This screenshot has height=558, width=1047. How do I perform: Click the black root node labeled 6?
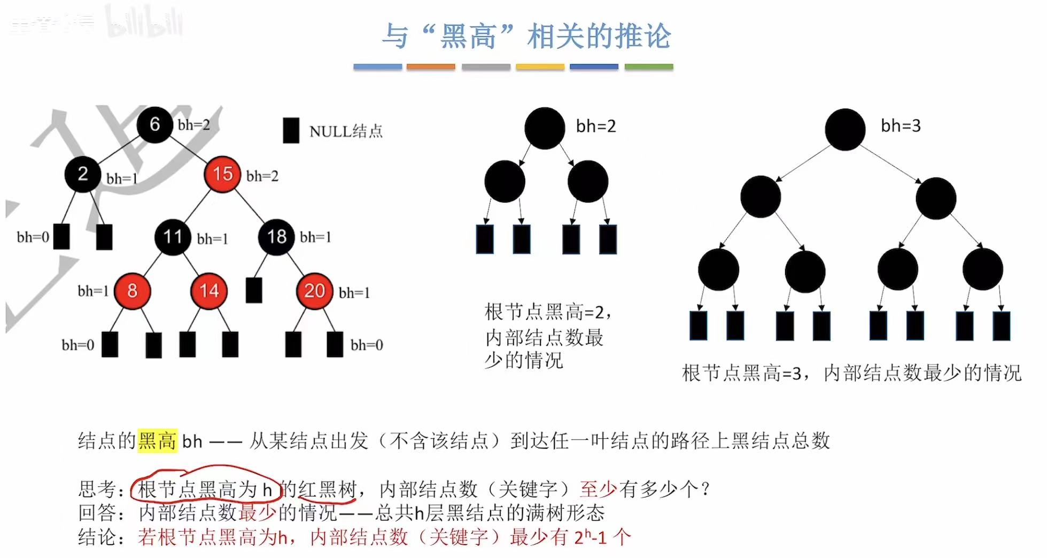(x=154, y=125)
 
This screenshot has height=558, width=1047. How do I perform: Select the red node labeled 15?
(x=222, y=174)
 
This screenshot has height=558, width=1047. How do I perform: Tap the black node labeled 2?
(x=83, y=174)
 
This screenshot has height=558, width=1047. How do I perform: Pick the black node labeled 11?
(x=173, y=237)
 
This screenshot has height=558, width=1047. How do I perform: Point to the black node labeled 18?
(x=276, y=237)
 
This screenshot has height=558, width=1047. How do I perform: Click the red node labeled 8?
(x=132, y=291)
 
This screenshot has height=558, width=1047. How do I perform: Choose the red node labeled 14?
(x=209, y=291)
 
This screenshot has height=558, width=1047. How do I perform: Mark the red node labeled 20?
(x=314, y=291)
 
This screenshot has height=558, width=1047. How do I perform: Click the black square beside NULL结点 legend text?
(x=291, y=130)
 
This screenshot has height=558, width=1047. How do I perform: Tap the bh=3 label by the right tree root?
(x=901, y=126)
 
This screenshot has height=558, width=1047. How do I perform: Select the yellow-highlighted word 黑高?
(x=157, y=441)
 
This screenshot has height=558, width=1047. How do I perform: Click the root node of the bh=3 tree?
(x=845, y=129)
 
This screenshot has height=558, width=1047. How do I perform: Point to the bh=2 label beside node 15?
(x=262, y=176)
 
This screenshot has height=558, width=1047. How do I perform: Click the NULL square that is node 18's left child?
(x=254, y=290)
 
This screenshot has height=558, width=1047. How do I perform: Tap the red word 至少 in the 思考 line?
(x=598, y=489)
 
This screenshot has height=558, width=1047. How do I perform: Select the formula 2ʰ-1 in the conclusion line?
(x=591, y=537)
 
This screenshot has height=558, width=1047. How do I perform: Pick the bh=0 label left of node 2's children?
(x=33, y=237)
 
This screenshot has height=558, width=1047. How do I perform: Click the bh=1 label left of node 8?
(x=93, y=291)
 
